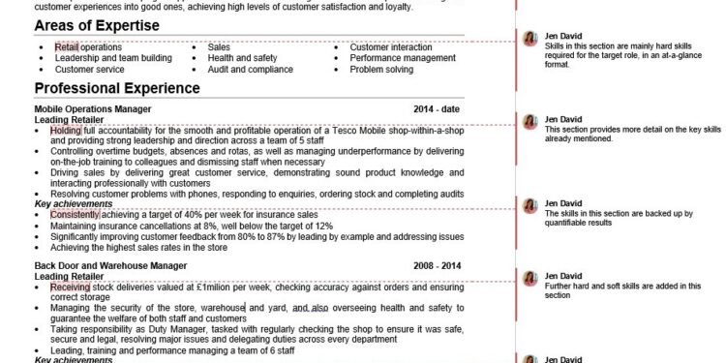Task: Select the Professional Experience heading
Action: click(117, 88)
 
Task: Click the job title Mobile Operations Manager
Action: click(93, 109)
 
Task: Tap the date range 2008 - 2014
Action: click(438, 264)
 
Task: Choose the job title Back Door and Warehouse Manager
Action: click(110, 264)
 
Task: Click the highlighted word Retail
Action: click(66, 46)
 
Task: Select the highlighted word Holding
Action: click(66, 130)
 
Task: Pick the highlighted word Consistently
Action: click(75, 214)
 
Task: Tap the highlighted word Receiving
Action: click(70, 287)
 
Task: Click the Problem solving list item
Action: click(381, 70)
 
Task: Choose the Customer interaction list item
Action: click(391, 46)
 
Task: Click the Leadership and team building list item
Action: click(113, 58)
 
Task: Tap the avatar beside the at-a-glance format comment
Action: click(529, 38)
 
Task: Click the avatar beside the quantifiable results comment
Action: click(529, 206)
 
